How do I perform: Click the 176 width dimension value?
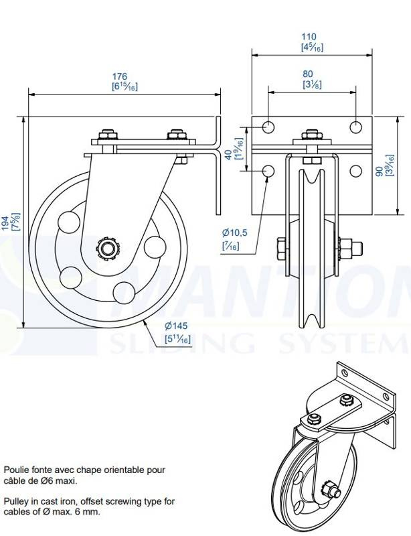tap(120, 76)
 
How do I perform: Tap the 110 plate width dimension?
tap(309, 37)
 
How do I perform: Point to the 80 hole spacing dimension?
tap(308, 74)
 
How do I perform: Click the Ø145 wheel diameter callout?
tap(176, 326)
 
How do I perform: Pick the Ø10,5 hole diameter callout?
tap(235, 233)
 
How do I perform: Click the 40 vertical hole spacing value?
tap(228, 155)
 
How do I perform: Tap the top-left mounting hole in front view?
tap(268, 127)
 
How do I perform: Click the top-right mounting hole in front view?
tap(356, 127)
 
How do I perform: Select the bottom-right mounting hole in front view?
tap(356, 171)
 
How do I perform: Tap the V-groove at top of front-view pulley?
tap(311, 177)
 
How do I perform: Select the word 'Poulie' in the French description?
tap(15, 470)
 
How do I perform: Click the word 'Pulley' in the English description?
tap(14, 502)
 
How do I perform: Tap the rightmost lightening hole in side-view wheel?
tap(155, 247)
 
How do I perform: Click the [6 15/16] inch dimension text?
tap(125, 86)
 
